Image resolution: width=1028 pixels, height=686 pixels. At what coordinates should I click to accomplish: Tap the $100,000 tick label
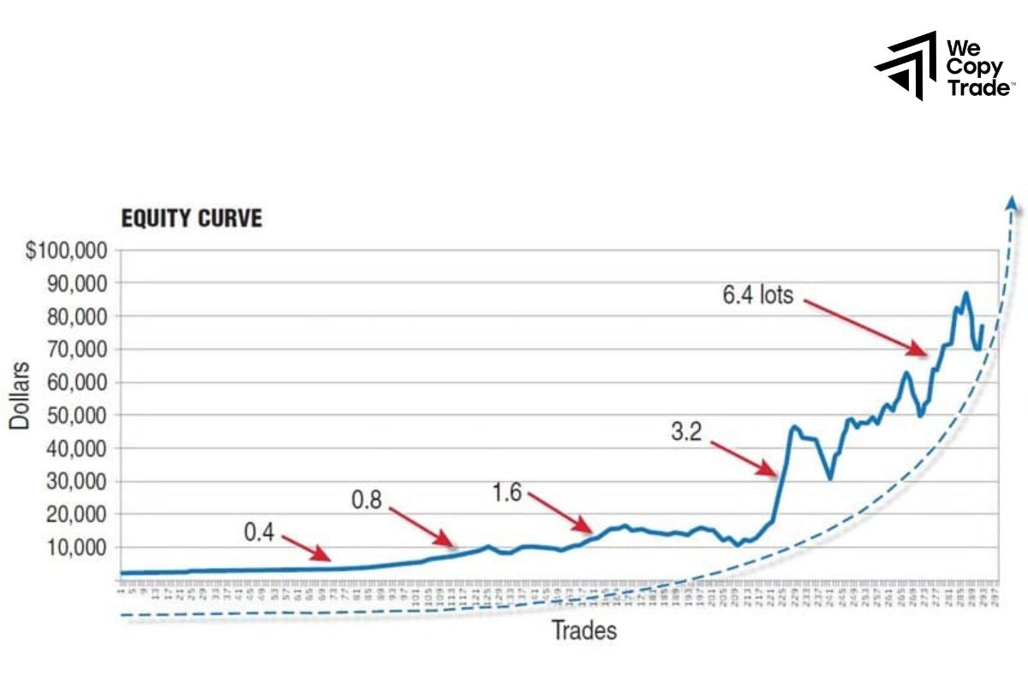[65, 251]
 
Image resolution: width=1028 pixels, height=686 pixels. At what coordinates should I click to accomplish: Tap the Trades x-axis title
[583, 632]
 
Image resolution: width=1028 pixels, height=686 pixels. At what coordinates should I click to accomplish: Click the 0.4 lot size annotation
[259, 533]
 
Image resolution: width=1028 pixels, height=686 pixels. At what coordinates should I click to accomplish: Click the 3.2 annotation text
[685, 431]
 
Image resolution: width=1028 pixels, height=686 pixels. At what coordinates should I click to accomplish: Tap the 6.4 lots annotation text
[758, 296]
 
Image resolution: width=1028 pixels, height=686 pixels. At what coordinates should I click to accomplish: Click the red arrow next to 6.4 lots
[865, 327]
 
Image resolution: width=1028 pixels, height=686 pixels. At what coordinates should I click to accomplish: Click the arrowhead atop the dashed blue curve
[1012, 203]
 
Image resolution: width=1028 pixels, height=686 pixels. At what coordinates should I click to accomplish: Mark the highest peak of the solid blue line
[965, 293]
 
